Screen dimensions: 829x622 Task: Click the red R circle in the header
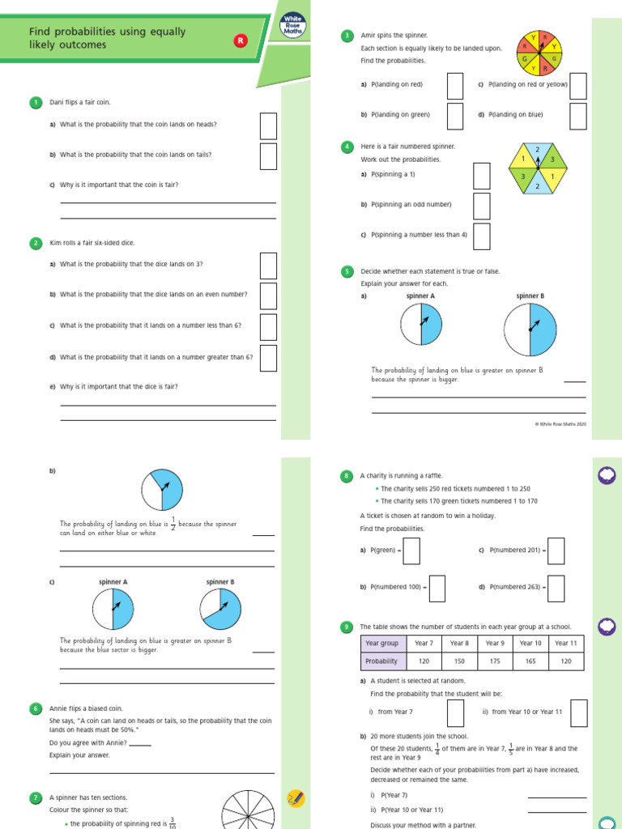pos(240,40)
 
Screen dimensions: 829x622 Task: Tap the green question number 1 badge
pos(36,102)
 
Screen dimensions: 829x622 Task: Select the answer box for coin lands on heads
pos(268,125)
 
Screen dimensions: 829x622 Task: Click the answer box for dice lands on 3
pos(268,266)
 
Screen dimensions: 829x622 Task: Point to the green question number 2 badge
pos(36,243)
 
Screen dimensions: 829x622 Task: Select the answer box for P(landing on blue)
pos(577,116)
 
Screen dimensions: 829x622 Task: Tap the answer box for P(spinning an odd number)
pos(481,206)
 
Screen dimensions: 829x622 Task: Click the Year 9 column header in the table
pos(495,643)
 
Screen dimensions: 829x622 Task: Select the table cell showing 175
pos(495,661)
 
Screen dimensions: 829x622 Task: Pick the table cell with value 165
pos(530,661)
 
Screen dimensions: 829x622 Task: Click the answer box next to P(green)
pos(411,551)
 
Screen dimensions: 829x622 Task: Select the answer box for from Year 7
pos(455,712)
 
